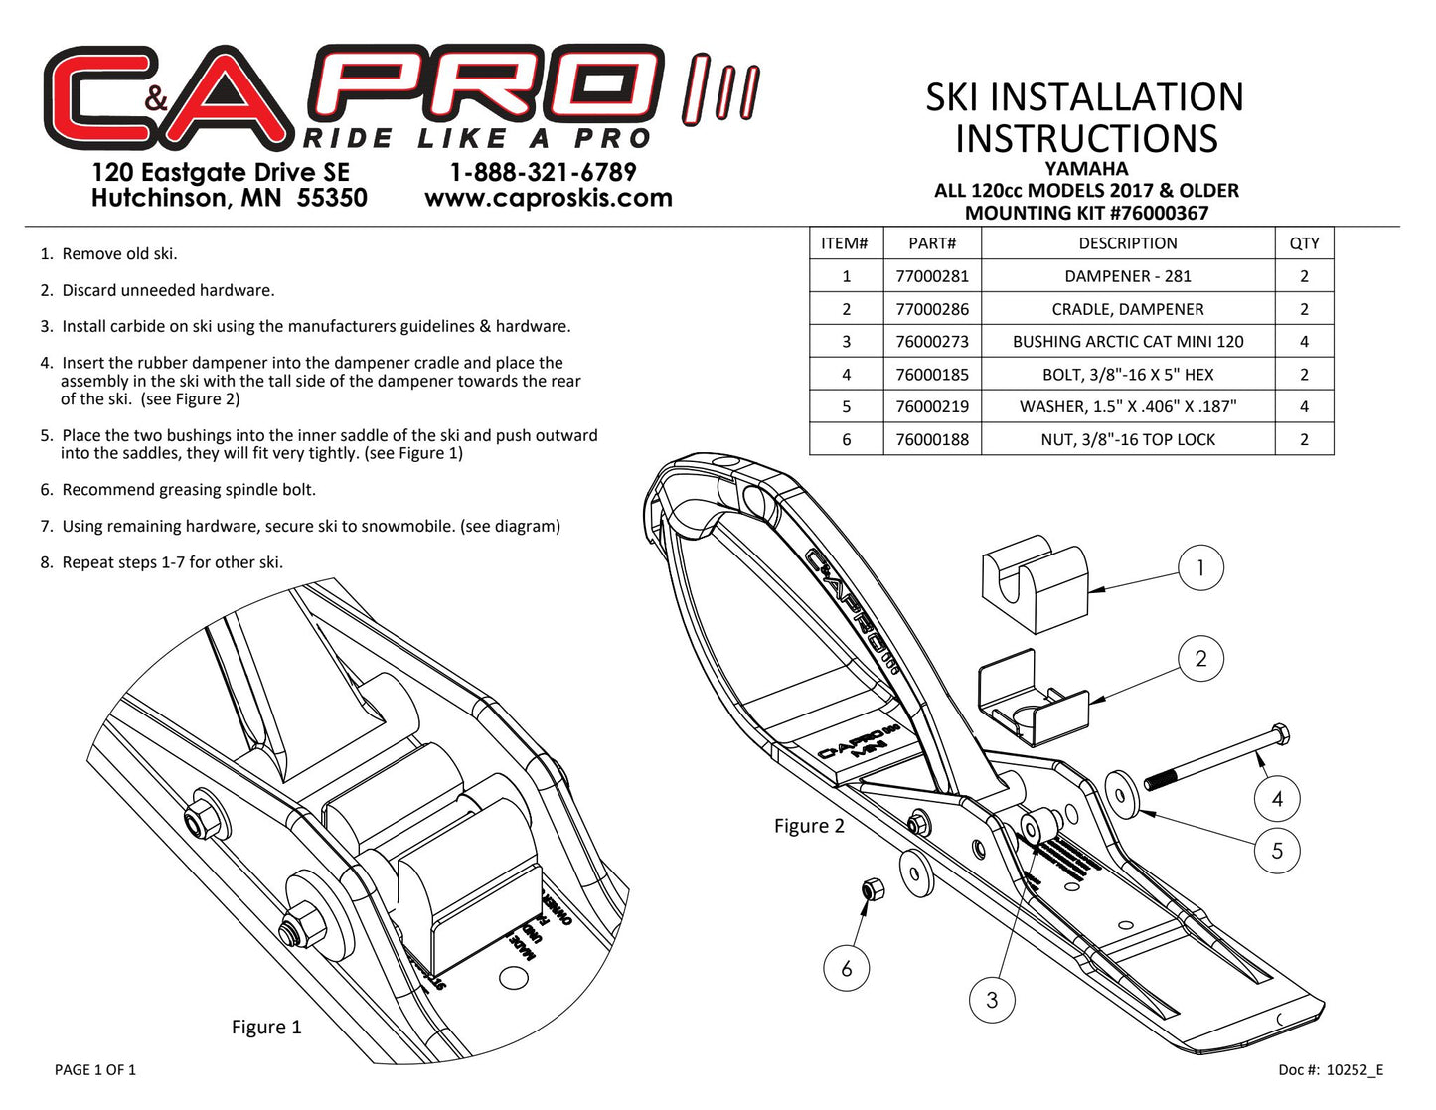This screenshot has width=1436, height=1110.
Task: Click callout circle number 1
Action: (1199, 568)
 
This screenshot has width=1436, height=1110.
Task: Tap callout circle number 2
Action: (1200, 659)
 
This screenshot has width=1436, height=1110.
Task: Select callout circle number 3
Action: (992, 999)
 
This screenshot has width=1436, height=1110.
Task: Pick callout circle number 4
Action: (1277, 798)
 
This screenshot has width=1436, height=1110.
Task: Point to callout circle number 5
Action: (1277, 851)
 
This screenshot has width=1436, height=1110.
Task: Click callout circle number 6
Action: (847, 968)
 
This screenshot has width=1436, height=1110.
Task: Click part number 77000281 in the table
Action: (931, 276)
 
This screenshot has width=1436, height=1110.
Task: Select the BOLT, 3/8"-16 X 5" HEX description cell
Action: (1127, 375)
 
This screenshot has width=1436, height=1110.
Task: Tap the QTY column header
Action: (1304, 243)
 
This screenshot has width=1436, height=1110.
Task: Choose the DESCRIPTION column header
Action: (1127, 243)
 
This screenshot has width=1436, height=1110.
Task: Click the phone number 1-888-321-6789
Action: (543, 172)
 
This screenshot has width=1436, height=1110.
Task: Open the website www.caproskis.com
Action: (548, 198)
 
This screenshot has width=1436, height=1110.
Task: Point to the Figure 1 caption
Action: (265, 1027)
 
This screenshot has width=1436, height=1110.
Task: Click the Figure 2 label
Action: (809, 826)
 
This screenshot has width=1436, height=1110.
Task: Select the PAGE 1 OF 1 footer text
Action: (95, 1069)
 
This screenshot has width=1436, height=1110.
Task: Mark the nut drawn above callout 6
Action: (872, 890)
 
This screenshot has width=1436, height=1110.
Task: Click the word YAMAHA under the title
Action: (1086, 169)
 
